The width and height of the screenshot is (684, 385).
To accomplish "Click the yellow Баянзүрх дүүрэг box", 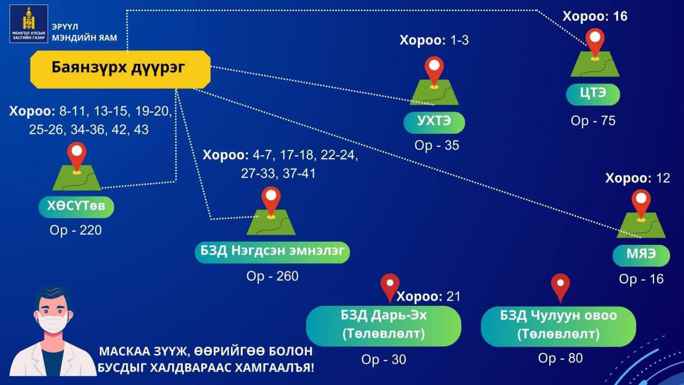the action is (120, 70).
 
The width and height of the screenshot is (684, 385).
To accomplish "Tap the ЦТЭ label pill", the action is (593, 95).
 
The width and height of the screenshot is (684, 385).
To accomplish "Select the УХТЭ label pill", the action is (434, 122).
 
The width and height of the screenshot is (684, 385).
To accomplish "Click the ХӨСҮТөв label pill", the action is (76, 207).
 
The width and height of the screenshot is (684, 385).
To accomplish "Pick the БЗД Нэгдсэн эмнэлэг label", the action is (273, 252).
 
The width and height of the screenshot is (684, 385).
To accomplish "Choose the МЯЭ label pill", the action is (641, 256).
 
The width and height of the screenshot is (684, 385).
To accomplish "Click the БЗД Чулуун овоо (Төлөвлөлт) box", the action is (558, 326).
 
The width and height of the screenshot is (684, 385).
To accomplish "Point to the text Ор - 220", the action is (76, 230).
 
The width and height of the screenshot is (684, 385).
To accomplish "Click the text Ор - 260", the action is (273, 276).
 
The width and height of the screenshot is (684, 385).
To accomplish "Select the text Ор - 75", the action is (593, 121).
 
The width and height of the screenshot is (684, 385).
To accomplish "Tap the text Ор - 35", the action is (437, 145).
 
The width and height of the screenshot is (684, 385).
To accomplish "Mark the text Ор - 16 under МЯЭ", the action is (641, 279).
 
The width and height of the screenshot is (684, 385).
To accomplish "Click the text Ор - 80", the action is (561, 358).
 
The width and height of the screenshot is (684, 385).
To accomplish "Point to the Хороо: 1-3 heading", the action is (434, 40).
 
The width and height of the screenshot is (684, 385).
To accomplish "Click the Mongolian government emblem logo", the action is (29, 24).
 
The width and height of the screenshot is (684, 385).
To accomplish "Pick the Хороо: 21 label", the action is (429, 296).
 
